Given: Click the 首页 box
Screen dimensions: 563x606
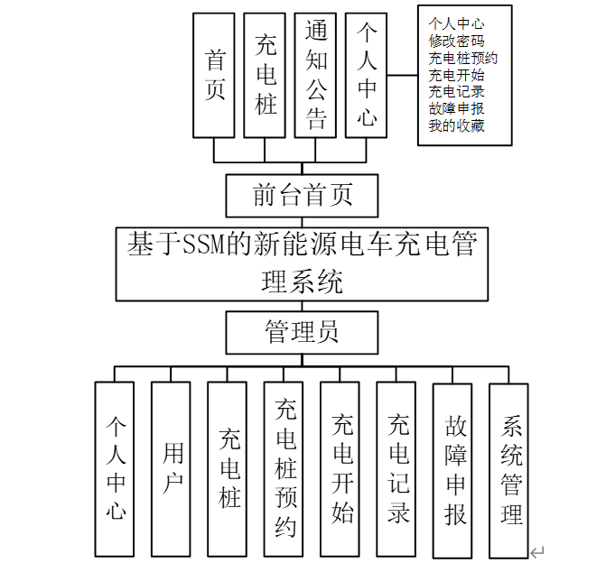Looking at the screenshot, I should click(x=214, y=75).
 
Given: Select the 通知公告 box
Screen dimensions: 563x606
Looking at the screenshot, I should click(x=315, y=75).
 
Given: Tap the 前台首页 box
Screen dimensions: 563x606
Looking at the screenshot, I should click(x=302, y=195).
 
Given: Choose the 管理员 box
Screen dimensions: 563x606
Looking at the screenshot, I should click(x=302, y=332).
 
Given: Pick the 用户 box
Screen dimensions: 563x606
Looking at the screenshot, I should click(x=171, y=468).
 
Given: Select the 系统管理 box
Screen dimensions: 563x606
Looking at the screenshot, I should click(x=509, y=468).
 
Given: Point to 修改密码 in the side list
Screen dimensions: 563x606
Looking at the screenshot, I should click(x=455, y=41).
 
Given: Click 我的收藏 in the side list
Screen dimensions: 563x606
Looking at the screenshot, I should click(x=455, y=125).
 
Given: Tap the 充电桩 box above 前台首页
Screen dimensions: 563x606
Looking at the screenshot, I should click(x=265, y=75).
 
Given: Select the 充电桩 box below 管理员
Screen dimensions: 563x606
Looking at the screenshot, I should click(x=228, y=468).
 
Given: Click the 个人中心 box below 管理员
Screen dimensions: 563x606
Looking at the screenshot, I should click(x=115, y=468).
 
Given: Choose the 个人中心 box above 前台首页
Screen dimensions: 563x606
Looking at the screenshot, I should click(x=366, y=75).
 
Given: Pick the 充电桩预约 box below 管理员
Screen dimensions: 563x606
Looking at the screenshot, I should click(x=284, y=468).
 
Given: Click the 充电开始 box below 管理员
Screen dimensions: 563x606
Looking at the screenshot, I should click(x=340, y=468).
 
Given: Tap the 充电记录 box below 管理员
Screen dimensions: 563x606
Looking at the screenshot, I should click(x=396, y=468).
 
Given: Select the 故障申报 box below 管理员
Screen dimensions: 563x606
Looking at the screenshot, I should click(x=453, y=468).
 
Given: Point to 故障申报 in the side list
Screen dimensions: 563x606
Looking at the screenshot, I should click(x=455, y=108).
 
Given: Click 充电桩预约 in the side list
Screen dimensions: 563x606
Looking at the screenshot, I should click(x=462, y=58).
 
